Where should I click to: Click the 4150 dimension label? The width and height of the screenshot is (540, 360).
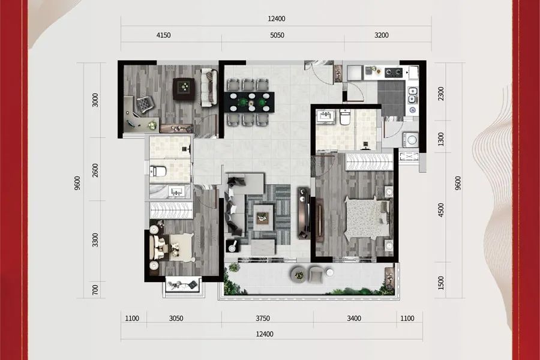pos(163,35)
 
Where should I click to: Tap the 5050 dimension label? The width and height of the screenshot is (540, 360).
pos(277,35)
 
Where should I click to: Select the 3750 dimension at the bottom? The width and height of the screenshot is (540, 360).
pos(262,319)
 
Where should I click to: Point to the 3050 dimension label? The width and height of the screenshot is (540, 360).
pos(176,319)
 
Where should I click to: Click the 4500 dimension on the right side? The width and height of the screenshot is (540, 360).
pos(441,210)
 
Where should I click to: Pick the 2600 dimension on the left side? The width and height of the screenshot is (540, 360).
pos(95,170)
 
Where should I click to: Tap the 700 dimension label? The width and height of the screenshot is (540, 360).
pos(95,289)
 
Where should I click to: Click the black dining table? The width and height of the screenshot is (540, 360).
pos(250,102)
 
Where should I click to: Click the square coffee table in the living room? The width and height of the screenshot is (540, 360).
pos(263,218)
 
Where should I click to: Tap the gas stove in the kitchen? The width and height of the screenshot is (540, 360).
pos(394,73)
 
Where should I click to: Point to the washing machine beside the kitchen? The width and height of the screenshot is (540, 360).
pos(410,140)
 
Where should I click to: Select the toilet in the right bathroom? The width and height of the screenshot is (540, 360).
pos(345,118)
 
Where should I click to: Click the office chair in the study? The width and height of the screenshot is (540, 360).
pos(143,104)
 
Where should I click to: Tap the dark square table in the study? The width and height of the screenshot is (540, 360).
pos(184,89)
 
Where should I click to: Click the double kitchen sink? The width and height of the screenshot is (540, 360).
pos(412,95)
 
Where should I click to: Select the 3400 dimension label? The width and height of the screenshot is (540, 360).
pos(354,319)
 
